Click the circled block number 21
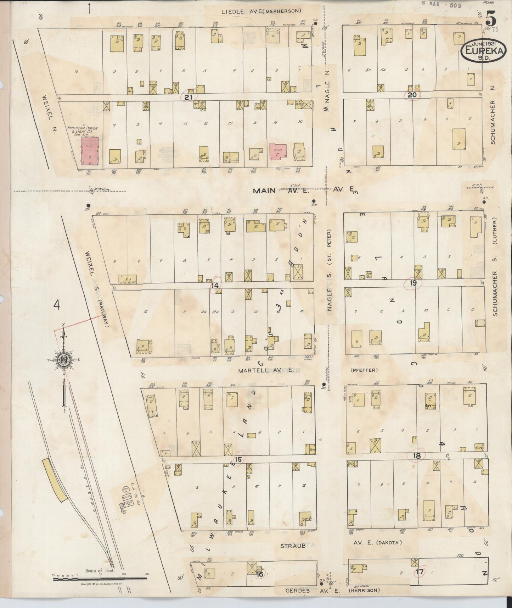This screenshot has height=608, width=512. coord(189,96)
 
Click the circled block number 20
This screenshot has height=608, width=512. coord(412,95)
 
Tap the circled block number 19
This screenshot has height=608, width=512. coord(413,283)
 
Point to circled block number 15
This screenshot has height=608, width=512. coord(238,459)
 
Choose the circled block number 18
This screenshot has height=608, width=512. coord(417,456)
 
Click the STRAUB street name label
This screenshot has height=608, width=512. coord(293,546)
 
